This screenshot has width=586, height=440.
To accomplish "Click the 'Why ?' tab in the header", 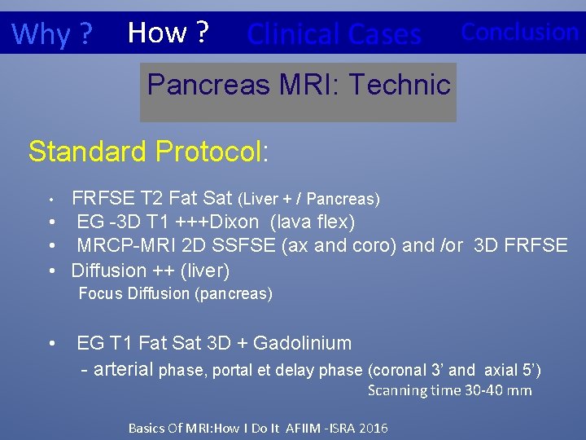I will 52,33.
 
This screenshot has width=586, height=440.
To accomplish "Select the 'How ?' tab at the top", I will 168,33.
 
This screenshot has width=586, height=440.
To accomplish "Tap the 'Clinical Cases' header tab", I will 334,33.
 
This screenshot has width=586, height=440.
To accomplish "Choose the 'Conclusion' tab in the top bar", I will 519,32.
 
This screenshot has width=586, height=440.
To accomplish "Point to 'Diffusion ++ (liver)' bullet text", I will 151,270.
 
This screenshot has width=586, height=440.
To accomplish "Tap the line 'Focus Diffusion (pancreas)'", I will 175,293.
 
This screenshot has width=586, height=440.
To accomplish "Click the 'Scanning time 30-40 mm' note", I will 449,390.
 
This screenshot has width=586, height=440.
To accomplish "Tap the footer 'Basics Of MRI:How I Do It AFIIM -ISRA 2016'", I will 258,428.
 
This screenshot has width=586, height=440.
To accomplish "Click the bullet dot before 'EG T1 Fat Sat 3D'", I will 52,343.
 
